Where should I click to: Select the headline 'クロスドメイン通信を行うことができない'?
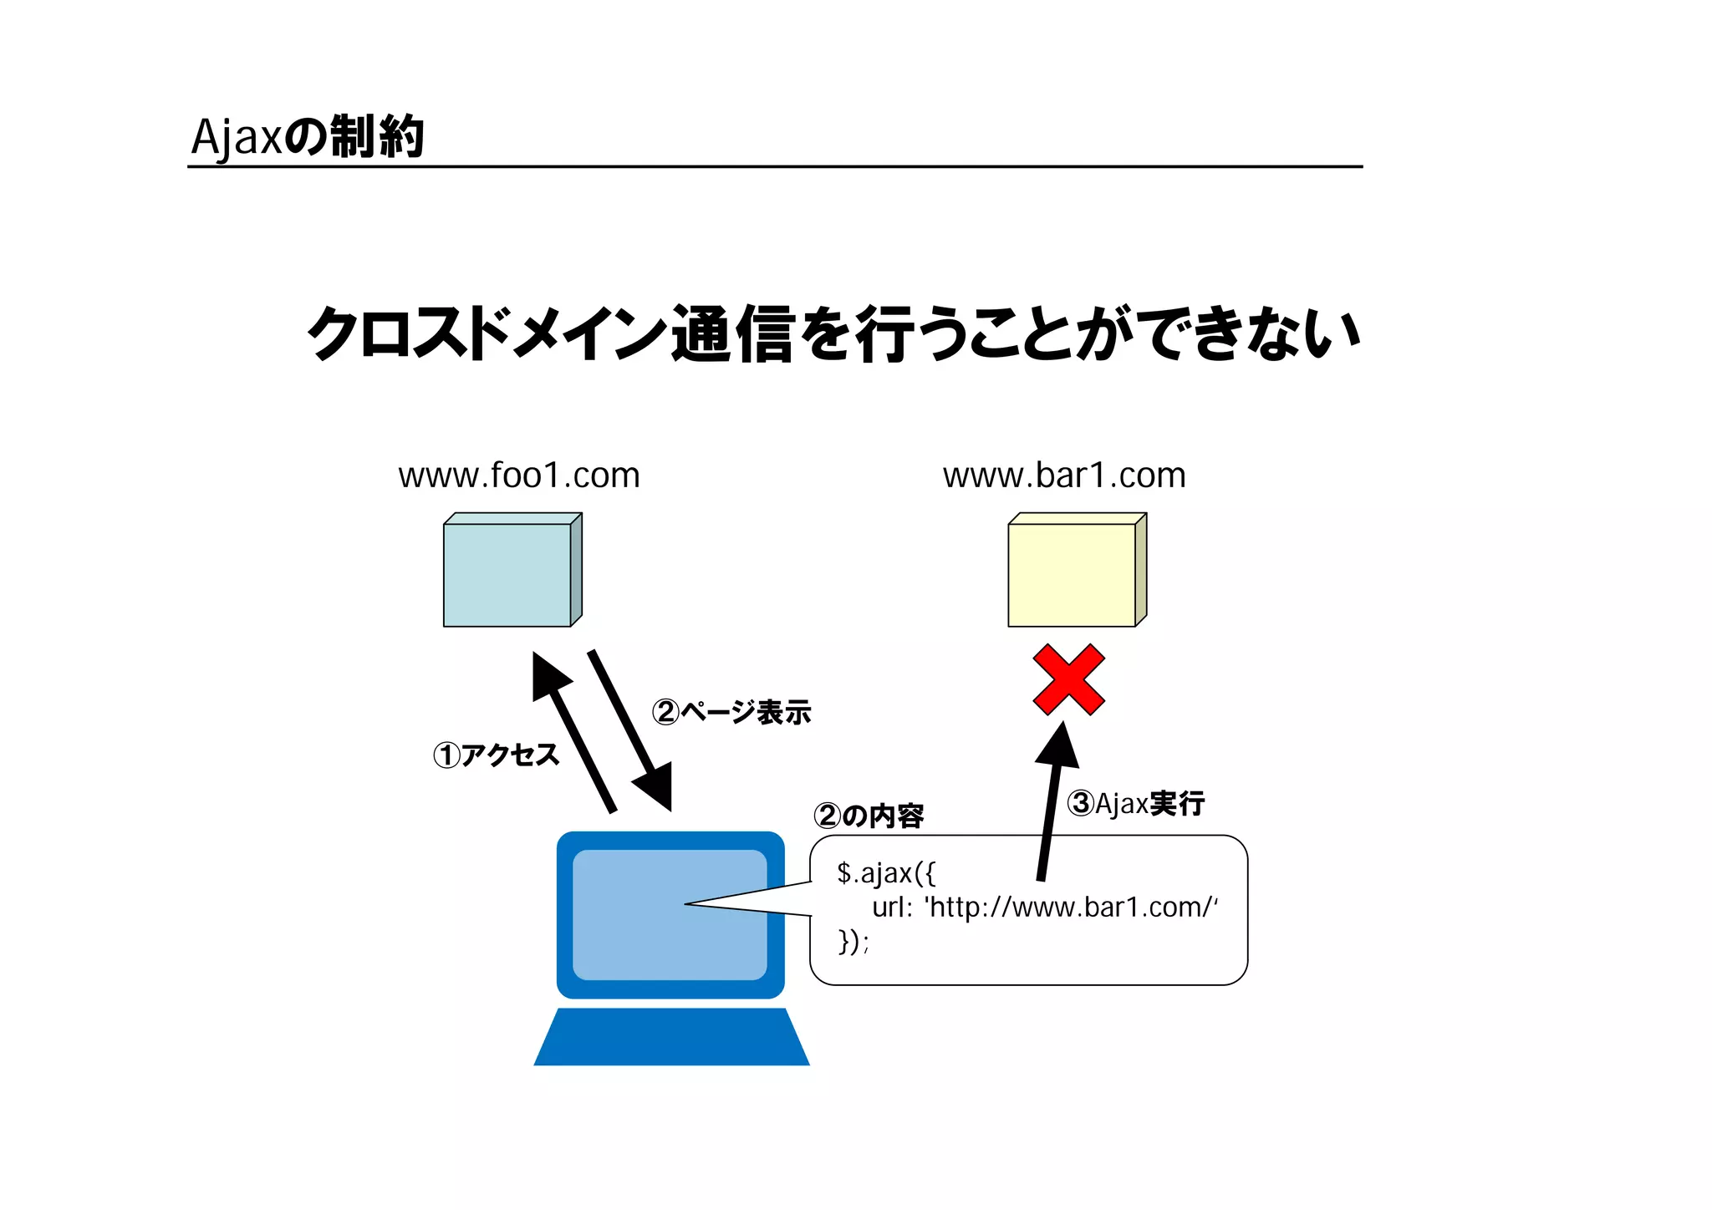coord(834,333)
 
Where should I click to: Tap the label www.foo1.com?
coord(519,475)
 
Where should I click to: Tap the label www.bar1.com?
coord(1064,475)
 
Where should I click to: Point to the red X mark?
coord(1069,679)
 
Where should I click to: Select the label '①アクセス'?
coord(497,755)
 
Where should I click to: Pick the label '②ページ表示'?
coord(731,712)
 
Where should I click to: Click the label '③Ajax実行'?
coord(1136,803)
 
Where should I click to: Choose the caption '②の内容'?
coord(869,816)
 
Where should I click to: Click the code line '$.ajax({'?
coord(886,873)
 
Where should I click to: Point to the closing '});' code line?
coord(853,942)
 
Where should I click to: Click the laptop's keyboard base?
coord(671,1038)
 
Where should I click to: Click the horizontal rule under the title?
coord(775,167)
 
